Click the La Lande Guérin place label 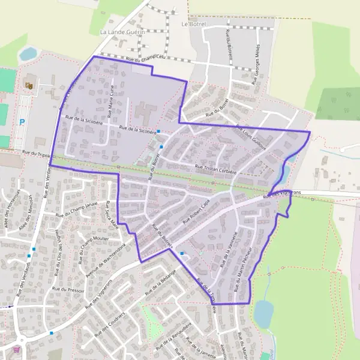click(123, 32)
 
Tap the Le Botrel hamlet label click(193, 24)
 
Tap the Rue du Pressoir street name click(68, 289)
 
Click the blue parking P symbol click(22, 122)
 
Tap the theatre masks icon click(28, 86)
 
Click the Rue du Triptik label click(37, 154)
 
